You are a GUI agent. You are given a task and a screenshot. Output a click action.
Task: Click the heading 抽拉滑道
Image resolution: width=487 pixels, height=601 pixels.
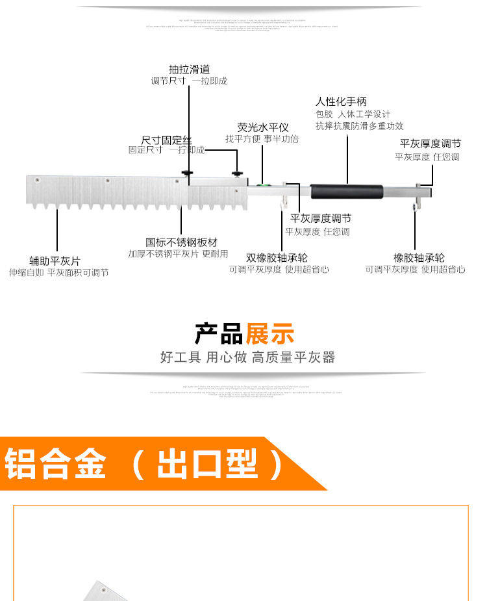tap(190, 70)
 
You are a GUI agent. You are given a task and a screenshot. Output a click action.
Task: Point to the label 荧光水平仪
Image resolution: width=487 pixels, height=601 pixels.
tap(262, 128)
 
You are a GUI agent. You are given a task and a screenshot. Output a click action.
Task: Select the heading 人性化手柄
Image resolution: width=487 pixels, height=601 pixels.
tap(341, 101)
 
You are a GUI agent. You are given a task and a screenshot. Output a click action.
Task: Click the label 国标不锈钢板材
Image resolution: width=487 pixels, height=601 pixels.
tap(181, 242)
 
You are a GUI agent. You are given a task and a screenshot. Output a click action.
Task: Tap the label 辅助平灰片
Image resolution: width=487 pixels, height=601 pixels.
tap(55, 261)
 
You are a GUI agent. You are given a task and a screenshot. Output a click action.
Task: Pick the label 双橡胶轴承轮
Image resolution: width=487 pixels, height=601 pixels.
tap(277, 258)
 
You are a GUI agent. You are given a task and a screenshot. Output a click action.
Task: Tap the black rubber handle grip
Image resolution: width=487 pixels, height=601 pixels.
tap(346, 192)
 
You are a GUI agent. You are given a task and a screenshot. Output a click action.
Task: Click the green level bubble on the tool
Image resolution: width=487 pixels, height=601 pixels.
tap(264, 185)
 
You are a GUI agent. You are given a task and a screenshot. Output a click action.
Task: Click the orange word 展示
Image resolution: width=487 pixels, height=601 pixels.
tap(269, 334)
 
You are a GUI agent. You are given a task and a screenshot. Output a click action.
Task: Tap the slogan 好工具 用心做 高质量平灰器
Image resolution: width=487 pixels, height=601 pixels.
tap(247, 357)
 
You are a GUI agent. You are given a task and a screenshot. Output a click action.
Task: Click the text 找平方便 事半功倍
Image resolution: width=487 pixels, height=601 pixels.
tap(262, 139)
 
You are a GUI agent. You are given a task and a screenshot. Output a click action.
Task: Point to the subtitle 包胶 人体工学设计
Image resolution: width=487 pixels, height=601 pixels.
tap(353, 114)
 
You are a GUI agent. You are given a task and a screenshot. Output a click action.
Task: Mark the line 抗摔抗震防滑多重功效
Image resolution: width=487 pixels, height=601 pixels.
tap(359, 126)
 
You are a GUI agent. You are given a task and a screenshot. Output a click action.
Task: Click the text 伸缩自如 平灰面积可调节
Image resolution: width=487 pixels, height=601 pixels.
tap(58, 273)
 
